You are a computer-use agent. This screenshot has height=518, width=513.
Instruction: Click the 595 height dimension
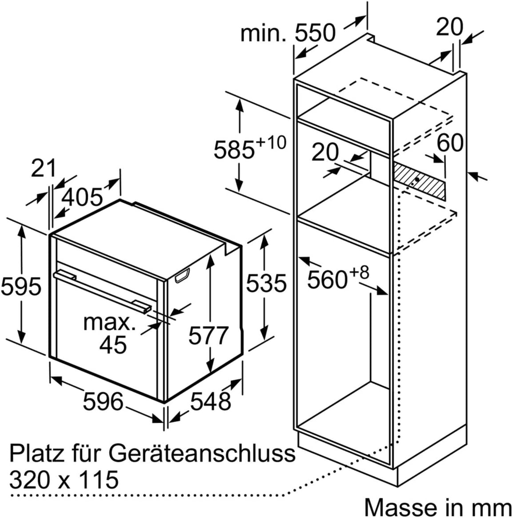21,286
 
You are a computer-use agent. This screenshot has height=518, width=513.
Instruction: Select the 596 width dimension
103,401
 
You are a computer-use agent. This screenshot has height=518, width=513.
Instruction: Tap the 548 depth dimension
210,401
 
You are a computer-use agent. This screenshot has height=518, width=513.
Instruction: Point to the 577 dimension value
208,336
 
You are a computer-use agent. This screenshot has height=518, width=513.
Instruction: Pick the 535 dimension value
267,283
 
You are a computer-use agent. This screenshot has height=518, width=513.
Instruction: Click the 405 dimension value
83,197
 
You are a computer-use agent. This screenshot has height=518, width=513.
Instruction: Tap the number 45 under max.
113,344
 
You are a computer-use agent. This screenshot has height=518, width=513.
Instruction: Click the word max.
109,322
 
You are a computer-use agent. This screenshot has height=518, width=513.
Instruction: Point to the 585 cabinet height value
234,150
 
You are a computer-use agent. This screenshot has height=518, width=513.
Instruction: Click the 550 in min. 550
315,32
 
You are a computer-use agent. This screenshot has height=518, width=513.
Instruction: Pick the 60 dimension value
450,143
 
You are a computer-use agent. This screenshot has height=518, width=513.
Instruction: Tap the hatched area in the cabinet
419,180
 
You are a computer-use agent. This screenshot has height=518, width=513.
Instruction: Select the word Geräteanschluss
202,453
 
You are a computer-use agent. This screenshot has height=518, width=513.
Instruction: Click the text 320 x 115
64,479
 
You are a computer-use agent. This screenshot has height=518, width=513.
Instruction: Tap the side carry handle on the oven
182,275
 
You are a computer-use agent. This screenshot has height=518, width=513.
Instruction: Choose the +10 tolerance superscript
271,142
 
